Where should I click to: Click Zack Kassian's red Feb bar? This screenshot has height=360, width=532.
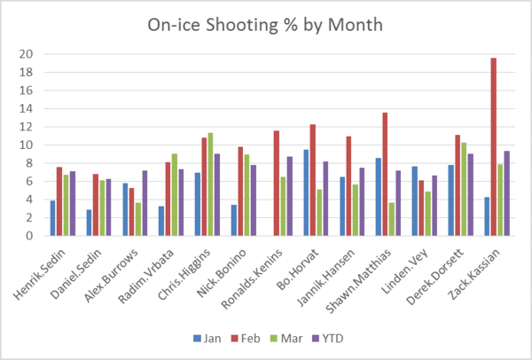point(494,147)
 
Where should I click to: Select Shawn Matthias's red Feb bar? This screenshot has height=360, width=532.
point(385,174)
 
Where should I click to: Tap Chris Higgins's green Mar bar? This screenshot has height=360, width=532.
point(210,184)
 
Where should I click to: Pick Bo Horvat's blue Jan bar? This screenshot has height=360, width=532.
point(307,192)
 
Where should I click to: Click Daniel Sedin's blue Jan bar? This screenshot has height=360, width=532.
point(89,223)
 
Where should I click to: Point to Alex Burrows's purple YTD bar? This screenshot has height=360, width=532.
point(145,203)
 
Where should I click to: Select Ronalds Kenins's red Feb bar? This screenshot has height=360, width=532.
point(277,184)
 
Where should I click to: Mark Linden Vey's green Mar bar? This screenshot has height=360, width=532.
point(428,214)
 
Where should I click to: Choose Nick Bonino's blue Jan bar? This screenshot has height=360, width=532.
point(234,220)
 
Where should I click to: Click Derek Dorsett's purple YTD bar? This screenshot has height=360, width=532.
point(471,195)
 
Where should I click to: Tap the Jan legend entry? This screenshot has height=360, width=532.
point(207,339)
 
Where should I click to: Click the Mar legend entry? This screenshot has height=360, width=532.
point(286,339)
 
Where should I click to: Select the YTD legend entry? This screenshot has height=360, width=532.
point(328,339)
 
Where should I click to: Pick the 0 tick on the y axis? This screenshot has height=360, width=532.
point(29,236)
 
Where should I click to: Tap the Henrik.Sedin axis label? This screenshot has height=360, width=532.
point(40,274)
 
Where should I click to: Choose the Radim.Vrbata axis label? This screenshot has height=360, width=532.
point(146,276)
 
